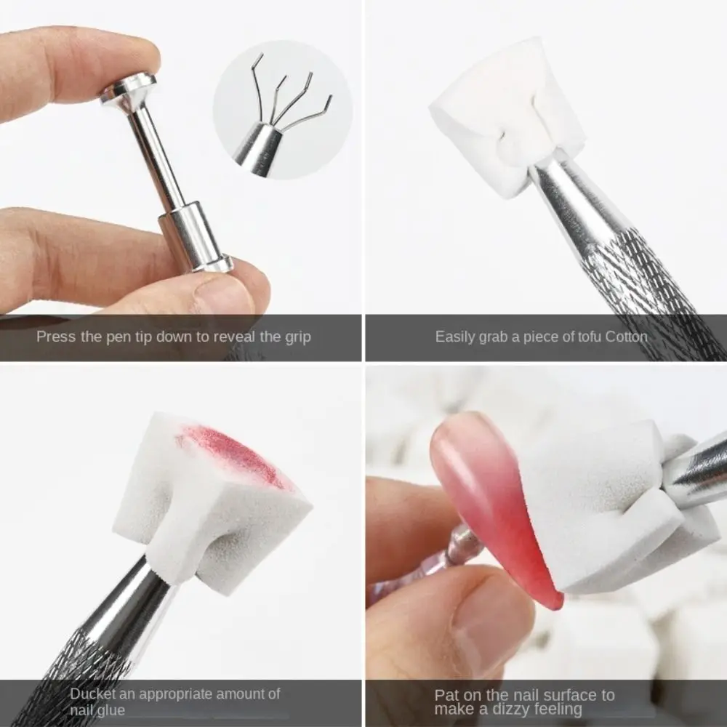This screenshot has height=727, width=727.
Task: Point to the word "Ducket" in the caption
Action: [x=93, y=694]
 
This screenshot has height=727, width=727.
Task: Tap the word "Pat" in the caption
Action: [x=446, y=695]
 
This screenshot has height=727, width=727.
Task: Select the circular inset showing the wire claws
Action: [x=283, y=109]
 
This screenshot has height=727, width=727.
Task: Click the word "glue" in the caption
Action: [x=111, y=710]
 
